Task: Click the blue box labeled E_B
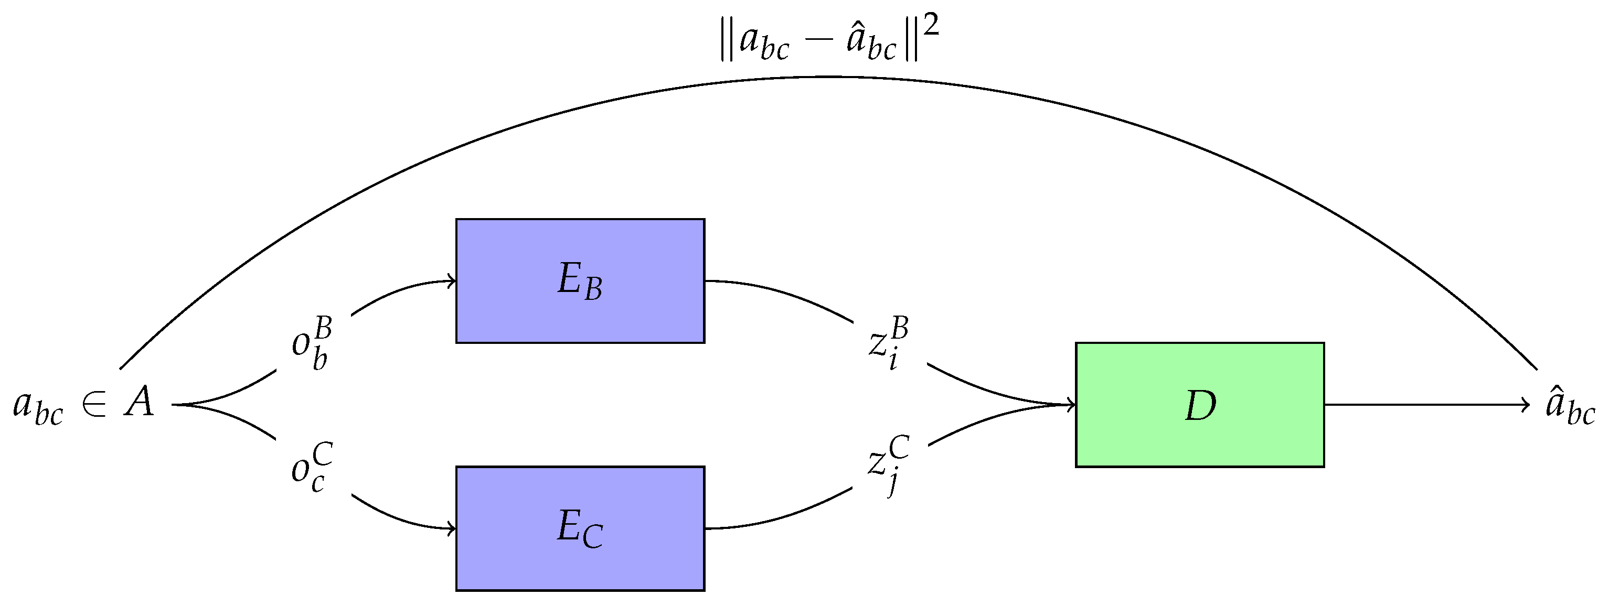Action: point(580,280)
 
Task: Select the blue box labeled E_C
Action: point(580,528)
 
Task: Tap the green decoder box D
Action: point(1199,404)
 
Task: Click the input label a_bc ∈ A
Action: point(83,404)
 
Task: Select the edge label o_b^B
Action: point(312,344)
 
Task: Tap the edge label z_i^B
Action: point(888,344)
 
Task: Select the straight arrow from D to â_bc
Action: point(1424,404)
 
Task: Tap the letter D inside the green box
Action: point(1200,406)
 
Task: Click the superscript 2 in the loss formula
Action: point(931,26)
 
